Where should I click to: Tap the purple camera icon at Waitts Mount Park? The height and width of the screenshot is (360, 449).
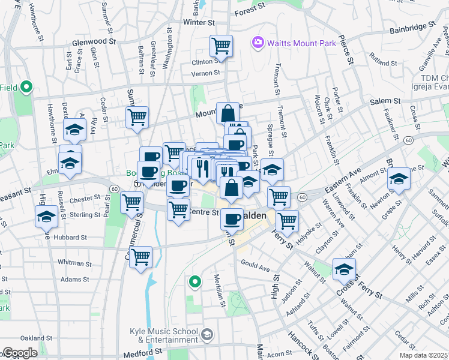tap(259, 42)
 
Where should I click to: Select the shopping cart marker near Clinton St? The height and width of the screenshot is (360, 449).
tap(221, 46)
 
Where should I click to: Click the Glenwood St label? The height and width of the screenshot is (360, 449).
tap(94, 41)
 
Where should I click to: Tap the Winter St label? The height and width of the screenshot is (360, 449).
tap(199, 22)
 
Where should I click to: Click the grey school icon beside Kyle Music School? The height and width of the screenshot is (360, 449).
tap(207, 334)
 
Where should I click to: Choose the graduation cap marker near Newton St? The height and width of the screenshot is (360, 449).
tap(399, 179)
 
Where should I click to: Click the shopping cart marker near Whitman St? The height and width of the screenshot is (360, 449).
tap(140, 258)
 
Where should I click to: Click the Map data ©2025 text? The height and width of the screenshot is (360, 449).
tap(424, 355)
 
